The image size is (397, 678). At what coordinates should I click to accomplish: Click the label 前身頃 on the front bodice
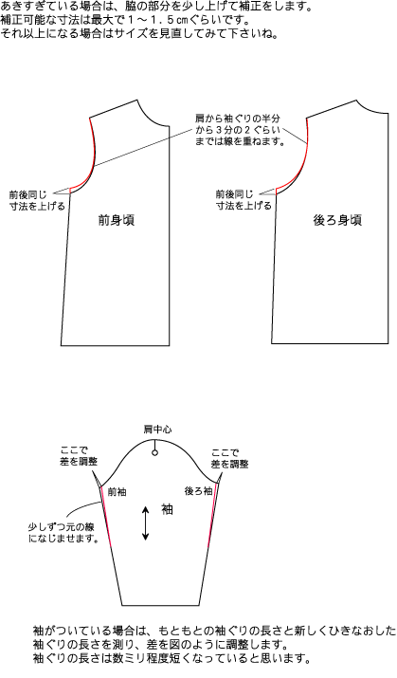click(117, 221)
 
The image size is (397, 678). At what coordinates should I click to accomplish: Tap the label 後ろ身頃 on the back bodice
click(337, 221)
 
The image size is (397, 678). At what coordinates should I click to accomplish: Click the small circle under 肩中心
click(154, 452)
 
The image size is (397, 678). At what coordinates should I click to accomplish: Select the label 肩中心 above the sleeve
click(157, 430)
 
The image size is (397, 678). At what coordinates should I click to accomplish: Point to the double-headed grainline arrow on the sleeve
click(146, 523)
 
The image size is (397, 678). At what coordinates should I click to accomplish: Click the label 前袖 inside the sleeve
click(117, 491)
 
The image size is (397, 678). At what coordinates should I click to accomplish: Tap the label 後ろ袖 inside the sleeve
click(198, 491)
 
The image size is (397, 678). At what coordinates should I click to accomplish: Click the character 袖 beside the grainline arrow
click(167, 509)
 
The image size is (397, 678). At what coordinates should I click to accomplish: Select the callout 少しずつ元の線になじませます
click(63, 533)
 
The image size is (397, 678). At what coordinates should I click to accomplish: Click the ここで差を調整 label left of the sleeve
click(79, 457)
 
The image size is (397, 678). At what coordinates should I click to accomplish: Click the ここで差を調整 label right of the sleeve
click(229, 459)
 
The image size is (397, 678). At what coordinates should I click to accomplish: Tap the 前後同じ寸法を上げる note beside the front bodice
click(37, 200)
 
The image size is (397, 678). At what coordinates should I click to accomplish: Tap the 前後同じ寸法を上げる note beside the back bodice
click(244, 200)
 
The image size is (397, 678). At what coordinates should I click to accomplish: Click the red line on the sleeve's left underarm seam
click(106, 517)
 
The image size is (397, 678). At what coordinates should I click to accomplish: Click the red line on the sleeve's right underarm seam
click(212, 515)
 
